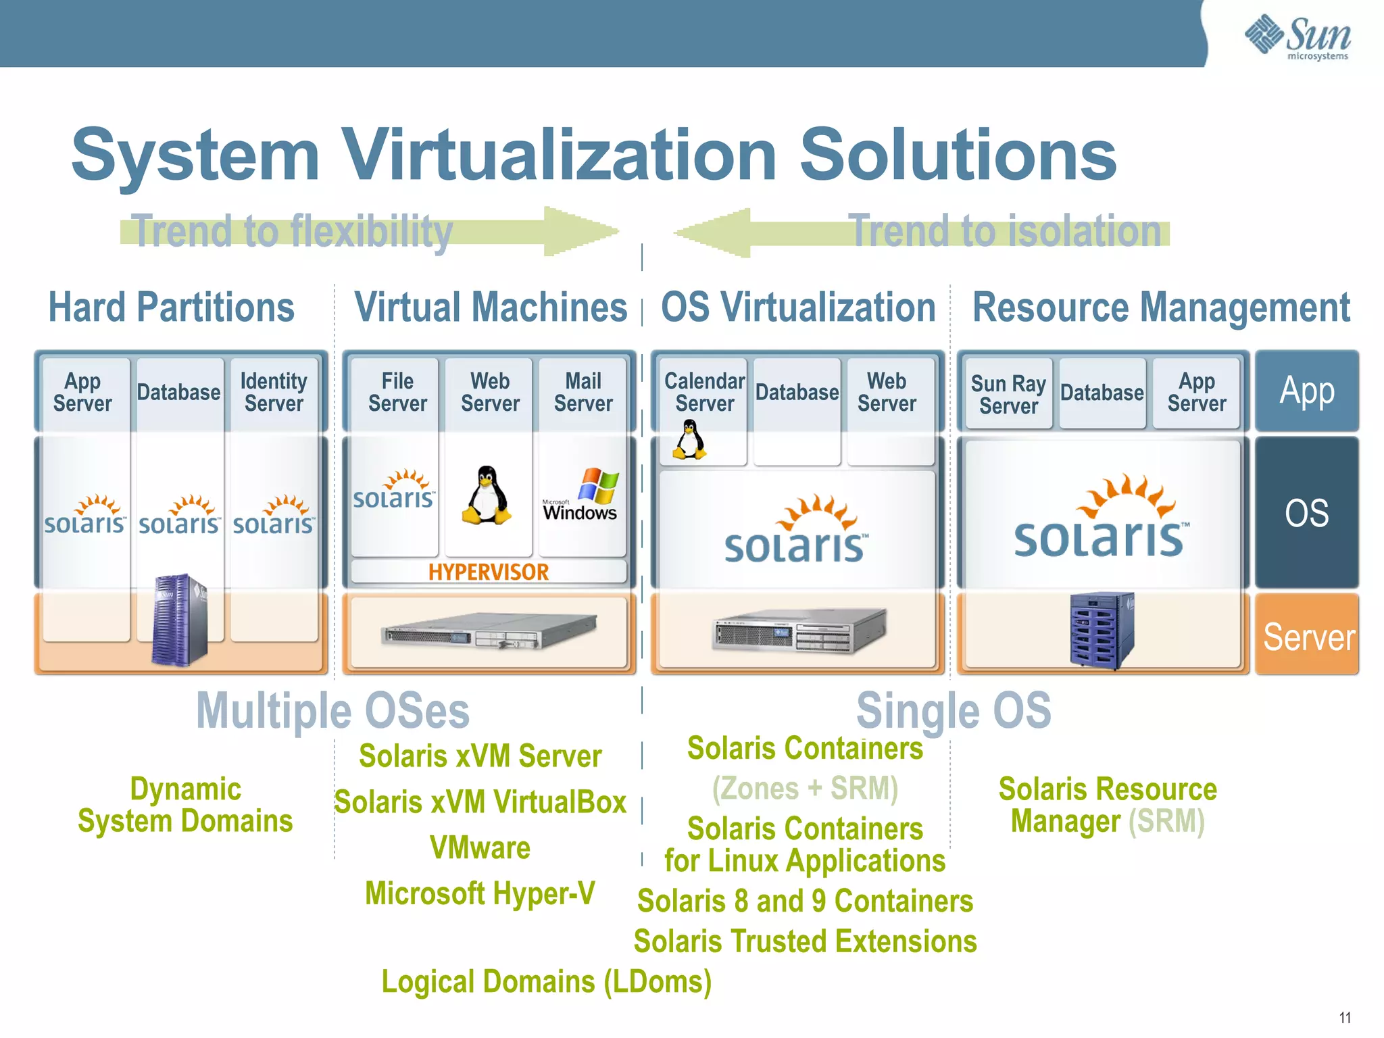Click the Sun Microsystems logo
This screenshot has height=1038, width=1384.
[1297, 36]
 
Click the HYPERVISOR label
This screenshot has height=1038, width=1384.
[489, 572]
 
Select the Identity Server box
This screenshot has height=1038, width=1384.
[274, 393]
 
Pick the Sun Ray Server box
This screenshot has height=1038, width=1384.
[1008, 394]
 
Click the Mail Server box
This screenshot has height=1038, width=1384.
[583, 393]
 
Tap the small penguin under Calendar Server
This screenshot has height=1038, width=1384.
[689, 440]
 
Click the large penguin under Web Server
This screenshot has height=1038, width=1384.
[486, 495]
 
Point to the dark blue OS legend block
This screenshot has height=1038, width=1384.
[1306, 512]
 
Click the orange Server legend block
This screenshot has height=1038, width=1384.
[1307, 635]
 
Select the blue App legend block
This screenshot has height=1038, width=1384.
[1306, 391]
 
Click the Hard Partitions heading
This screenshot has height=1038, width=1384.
[172, 308]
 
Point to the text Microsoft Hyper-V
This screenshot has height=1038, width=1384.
[480, 893]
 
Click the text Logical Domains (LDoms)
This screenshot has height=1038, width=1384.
[547, 982]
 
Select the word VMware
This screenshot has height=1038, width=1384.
[480, 848]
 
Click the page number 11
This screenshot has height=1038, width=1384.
[1345, 1018]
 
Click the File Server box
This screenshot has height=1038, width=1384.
[397, 393]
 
